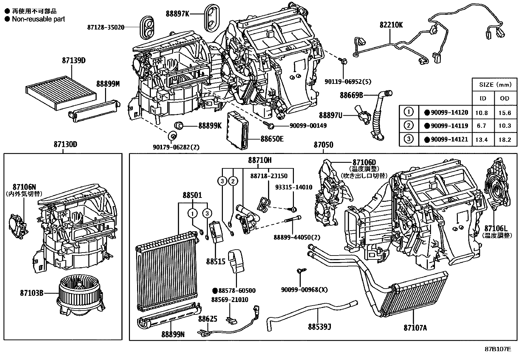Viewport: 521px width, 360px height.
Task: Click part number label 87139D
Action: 74,60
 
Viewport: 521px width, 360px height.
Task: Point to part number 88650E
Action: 272,139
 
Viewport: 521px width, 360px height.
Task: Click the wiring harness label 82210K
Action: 391,25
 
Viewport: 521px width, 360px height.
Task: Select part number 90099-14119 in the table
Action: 449,125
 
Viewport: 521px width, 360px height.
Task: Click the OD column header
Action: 504,98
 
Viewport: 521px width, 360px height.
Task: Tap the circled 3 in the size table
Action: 409,139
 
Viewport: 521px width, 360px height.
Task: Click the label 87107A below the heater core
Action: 415,328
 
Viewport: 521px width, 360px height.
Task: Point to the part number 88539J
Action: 319,327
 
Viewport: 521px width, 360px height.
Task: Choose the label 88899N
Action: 173,334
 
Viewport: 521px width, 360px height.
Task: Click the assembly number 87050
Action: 323,144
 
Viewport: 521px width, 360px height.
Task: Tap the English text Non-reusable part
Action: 38,19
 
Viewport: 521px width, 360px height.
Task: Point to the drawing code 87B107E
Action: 498,349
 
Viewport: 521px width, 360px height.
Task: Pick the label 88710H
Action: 260,161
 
